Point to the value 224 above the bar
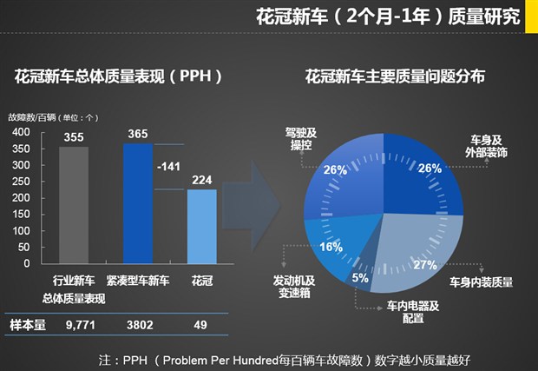tap(202, 180)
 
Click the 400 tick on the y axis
tap(21, 132)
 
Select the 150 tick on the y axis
tap(21, 214)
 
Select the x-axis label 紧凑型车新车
tap(138, 282)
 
